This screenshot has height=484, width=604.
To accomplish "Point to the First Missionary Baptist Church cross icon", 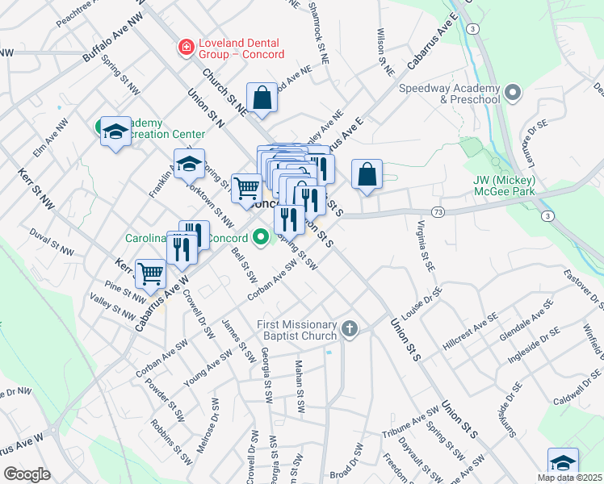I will tap(349, 328).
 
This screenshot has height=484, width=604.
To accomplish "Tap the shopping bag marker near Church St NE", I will tap(262, 98).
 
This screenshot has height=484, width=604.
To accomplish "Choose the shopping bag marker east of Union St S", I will tap(367, 174).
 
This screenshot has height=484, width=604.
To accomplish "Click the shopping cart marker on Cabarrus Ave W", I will tap(151, 274).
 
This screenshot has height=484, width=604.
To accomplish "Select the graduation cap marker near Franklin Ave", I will tap(189, 164).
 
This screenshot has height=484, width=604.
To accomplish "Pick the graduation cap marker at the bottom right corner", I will tap(563, 463).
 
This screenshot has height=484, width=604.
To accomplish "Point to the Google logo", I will tap(27, 474).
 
